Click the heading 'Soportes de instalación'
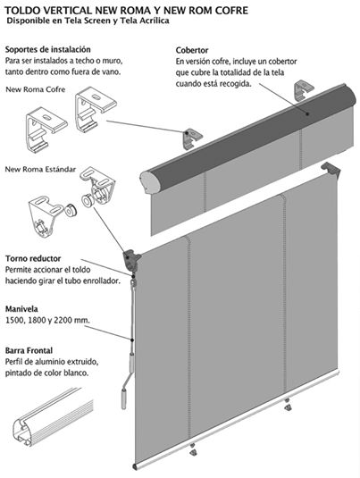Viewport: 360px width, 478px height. pyautogui.click(x=48, y=49)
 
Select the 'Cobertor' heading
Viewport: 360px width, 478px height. pyautogui.click(x=192, y=50)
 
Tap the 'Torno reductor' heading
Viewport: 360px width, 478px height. pyautogui.click(x=33, y=258)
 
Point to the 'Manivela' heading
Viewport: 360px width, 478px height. pyautogui.click(x=21, y=309)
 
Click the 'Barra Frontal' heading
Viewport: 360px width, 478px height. pyautogui.click(x=29, y=350)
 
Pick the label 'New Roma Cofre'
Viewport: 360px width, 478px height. pyautogui.click(x=36, y=89)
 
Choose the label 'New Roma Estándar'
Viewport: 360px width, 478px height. pyautogui.click(x=40, y=169)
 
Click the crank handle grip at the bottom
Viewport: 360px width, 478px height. pyautogui.click(x=124, y=398)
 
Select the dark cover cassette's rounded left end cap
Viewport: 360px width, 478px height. pyautogui.click(x=147, y=183)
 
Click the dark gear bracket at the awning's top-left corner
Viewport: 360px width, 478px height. pyautogui.click(x=131, y=260)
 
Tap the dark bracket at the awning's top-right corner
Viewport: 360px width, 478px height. pyautogui.click(x=331, y=170)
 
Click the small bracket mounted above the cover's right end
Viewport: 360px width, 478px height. pyautogui.click(x=303, y=88)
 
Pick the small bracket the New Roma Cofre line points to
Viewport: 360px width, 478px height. pyautogui.click(x=192, y=138)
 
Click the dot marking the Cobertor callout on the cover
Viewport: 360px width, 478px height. pyautogui.click(x=307, y=114)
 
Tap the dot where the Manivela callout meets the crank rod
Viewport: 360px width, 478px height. pyautogui.click(x=132, y=340)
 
